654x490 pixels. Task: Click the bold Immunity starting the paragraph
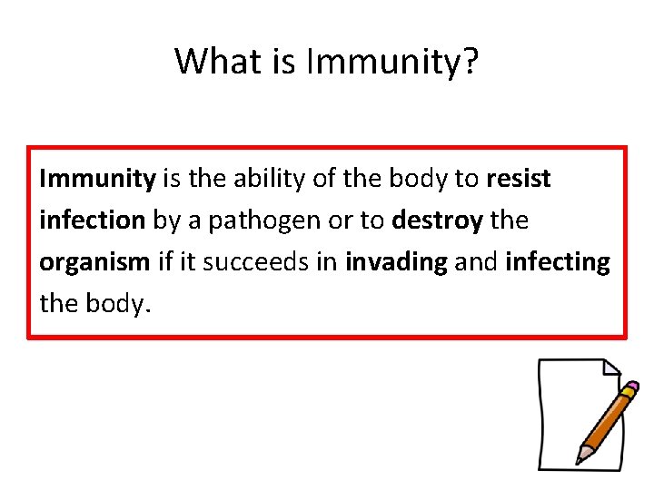tap(97, 179)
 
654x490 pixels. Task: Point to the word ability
tap(269, 179)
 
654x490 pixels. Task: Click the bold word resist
tap(519, 179)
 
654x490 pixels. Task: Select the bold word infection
tap(92, 220)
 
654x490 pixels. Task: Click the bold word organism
tap(94, 262)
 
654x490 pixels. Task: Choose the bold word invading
tap(397, 262)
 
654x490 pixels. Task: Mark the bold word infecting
tap(558, 262)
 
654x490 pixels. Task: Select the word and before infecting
tap(477, 262)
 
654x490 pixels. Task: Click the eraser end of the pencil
tap(632, 388)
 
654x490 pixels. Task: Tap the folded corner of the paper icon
tap(609, 368)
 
